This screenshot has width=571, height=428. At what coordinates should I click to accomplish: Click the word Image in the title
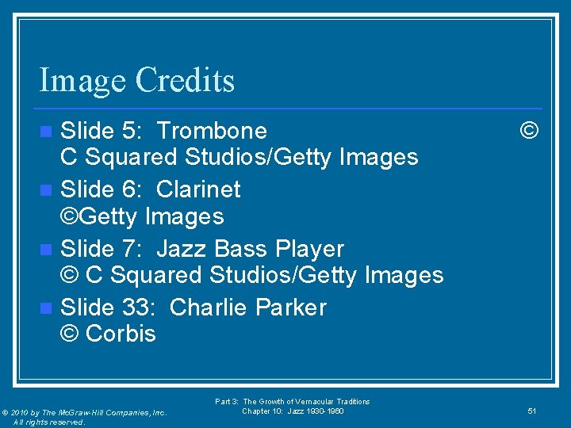82,81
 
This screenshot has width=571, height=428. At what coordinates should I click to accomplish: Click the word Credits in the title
185,80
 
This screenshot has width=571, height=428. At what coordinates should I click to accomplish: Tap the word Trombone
212,130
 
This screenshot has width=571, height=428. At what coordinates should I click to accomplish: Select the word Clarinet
198,189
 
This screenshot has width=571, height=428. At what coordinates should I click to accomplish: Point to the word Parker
289,308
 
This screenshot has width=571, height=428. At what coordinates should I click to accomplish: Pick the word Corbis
121,334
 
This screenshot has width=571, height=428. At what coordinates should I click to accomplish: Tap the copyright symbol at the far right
529,130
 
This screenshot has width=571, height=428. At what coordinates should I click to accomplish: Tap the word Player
309,249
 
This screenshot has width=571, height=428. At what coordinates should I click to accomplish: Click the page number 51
532,411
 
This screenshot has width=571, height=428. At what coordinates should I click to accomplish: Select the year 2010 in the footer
23,413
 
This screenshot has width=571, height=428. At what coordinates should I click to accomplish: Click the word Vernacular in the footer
315,402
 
